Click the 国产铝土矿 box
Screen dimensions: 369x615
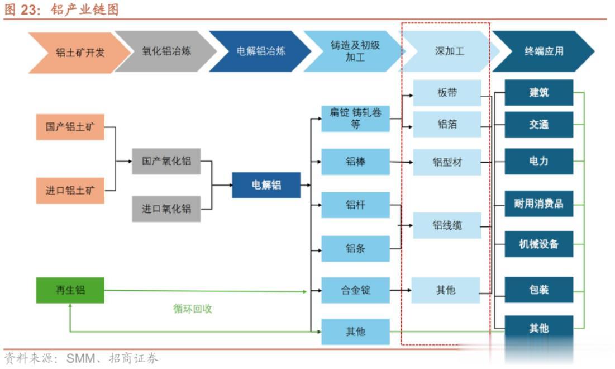70,127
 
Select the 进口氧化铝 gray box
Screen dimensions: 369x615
166,209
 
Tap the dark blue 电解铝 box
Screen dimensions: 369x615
266,185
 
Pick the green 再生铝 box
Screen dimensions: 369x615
70,290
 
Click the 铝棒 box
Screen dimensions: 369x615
355,162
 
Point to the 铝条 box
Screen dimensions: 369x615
355,248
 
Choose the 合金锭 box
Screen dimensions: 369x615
355,290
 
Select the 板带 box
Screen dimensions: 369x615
447,93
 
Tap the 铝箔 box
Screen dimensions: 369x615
447,124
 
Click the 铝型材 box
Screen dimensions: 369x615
447,162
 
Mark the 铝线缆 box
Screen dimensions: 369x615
447,226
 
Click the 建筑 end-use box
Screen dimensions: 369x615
539,93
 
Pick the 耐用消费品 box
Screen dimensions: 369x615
539,204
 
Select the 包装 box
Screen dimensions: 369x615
539,290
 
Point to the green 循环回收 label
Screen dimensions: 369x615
193,309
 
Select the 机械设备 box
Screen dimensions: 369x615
539,244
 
